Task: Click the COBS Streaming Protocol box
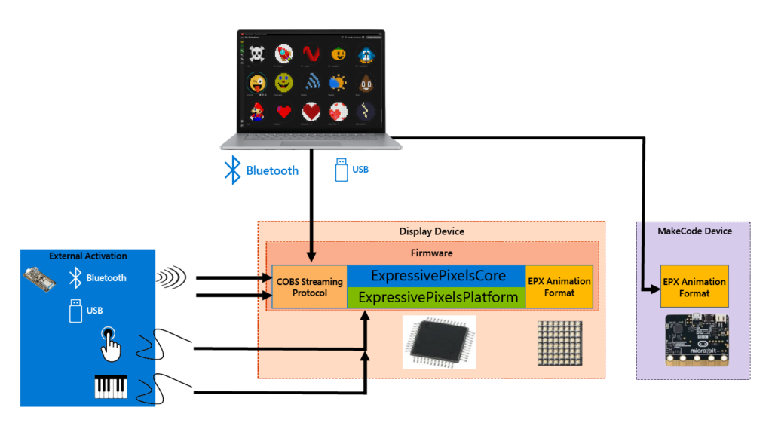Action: coord(309,286)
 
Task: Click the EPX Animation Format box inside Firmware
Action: coord(559,286)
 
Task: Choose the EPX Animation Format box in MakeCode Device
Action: coord(694,286)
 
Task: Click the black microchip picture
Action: coord(439,342)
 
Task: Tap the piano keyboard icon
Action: coord(111,386)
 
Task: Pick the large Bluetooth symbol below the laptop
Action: coord(232,170)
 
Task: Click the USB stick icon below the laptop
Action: coord(342,170)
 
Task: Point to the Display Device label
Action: coord(431,231)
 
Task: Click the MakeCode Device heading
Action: coord(694,231)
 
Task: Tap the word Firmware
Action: coord(431,253)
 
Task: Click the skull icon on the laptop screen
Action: coord(257,54)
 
